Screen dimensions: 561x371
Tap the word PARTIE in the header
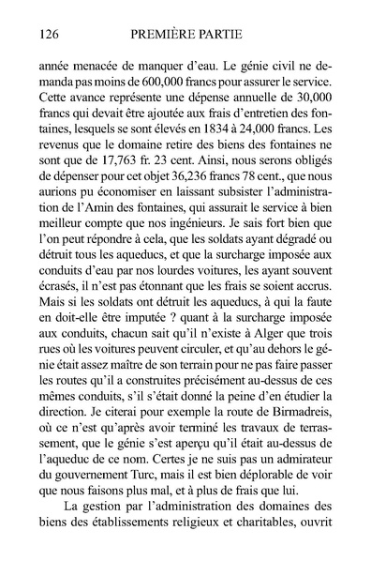(x=234, y=35)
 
